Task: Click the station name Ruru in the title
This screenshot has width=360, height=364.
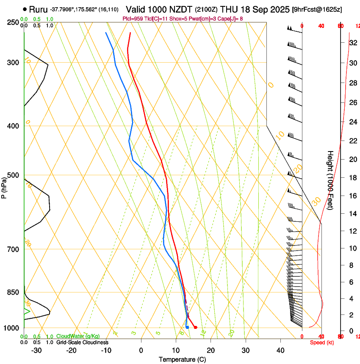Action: (38, 9)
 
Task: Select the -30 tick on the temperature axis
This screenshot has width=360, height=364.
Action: (36, 350)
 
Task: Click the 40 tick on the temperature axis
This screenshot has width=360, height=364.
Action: (280, 350)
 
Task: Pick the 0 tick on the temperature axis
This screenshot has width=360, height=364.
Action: (141, 350)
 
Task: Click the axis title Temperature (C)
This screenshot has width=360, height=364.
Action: (182, 359)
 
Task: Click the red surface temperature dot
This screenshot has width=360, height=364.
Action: (195, 327)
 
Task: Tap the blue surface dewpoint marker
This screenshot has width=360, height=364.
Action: (187, 327)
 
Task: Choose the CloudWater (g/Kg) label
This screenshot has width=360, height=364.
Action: (78, 336)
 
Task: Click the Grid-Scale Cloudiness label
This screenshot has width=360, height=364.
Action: (82, 342)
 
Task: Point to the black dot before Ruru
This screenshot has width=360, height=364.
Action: (25, 9)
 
